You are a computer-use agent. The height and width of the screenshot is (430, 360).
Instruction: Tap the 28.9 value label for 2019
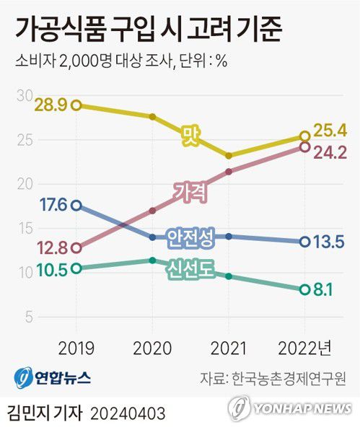[51, 105]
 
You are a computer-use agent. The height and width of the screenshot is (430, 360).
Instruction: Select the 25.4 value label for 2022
[331, 131]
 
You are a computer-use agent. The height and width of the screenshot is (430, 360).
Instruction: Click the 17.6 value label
[51, 206]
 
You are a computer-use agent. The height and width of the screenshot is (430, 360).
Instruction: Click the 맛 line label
[190, 134]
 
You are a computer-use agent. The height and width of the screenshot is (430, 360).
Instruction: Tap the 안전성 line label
[189, 237]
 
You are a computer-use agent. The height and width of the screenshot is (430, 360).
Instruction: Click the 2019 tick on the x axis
[76, 348]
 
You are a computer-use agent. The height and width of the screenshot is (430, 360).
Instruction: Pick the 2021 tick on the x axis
[228, 348]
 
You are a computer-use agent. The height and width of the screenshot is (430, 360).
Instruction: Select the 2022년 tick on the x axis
[305, 348]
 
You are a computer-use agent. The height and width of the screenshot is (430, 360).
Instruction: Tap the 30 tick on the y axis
[25, 95]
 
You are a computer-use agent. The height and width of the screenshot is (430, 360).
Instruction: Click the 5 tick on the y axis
[28, 316]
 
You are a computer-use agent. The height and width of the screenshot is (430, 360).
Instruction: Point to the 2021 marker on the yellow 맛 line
[229, 156]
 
